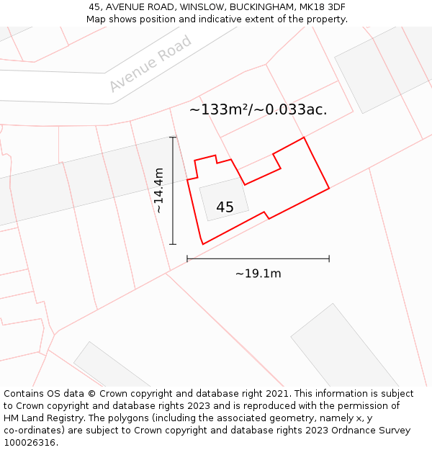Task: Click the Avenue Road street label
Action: tap(150, 64)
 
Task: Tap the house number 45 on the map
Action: tap(225, 207)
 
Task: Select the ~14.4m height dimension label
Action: tap(159, 190)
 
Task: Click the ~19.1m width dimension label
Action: tap(258, 274)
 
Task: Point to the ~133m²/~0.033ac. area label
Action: tap(258, 110)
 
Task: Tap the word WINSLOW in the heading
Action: tap(203, 7)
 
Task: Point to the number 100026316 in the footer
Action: tap(30, 443)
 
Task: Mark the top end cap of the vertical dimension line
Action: tap(173, 137)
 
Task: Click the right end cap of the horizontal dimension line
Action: tap(329, 258)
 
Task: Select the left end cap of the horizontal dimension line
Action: tap(187, 258)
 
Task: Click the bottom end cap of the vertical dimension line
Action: tap(173, 244)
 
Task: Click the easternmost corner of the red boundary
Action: tap(329, 189)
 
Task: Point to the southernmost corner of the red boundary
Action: tap(203, 244)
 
